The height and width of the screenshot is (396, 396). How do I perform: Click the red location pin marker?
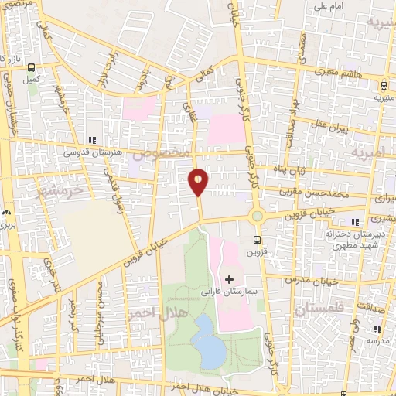tap(198, 182)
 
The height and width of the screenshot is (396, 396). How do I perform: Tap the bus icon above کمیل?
tap(32, 67)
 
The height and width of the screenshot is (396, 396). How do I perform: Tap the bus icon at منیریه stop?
tap(384, 86)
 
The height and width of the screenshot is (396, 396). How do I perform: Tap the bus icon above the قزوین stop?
tap(257, 240)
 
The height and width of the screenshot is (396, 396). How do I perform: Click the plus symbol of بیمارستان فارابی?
tap(229, 278)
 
